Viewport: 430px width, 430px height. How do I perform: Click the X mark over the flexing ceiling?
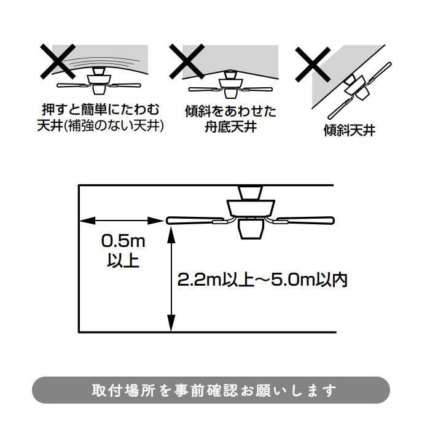click(58, 61)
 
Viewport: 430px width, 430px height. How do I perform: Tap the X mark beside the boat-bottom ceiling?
click(187, 61)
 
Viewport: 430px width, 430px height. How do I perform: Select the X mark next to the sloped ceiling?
click(313, 64)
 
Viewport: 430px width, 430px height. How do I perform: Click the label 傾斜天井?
click(350, 130)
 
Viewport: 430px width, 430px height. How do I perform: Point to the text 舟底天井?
click(230, 127)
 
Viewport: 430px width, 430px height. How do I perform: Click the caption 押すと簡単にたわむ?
click(101, 110)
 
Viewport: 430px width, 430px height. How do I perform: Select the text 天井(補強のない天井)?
click(101, 126)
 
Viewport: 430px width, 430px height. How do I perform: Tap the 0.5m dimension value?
click(123, 241)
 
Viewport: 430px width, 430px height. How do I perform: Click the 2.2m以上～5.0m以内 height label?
click(262, 280)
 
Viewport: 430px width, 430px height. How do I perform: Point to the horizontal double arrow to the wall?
click(121, 221)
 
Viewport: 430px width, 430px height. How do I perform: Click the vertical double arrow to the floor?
click(171, 279)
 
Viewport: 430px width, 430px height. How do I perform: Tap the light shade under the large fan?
click(251, 229)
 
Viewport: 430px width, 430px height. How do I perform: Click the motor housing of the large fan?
click(251, 208)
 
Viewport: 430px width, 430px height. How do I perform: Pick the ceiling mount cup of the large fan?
click(251, 192)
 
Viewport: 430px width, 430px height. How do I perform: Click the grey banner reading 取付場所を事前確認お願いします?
click(211, 390)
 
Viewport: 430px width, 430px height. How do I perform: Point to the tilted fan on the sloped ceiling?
click(360, 90)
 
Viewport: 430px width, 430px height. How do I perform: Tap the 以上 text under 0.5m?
click(123, 260)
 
